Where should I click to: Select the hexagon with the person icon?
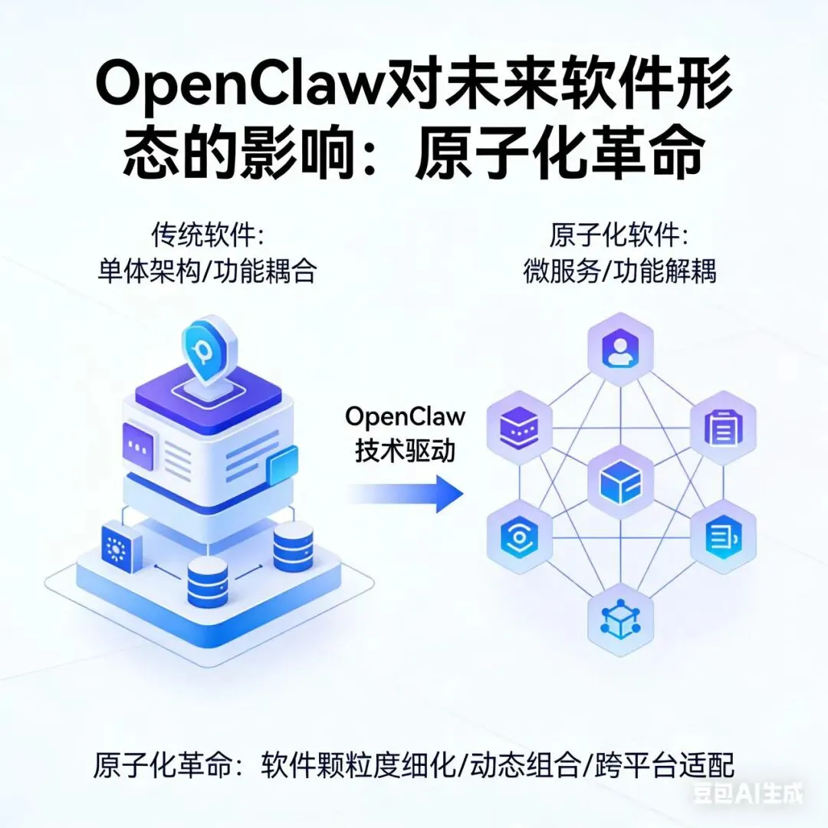[619, 350]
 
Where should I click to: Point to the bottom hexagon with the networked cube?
[619, 617]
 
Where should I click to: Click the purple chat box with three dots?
[139, 445]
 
